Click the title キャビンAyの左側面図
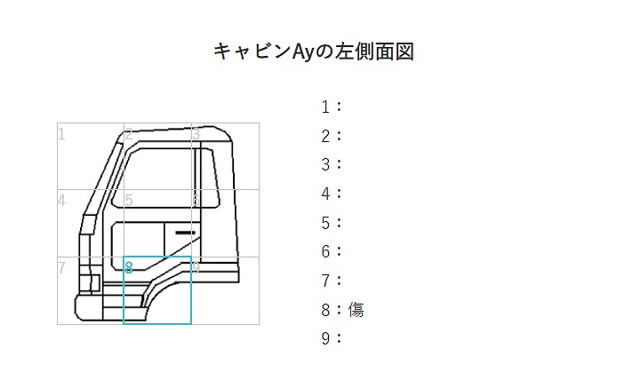pyautogui.click(x=314, y=51)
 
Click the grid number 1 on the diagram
pyautogui.click(x=61, y=134)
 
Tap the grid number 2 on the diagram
pyautogui.click(x=128, y=134)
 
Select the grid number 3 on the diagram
pyautogui.click(x=196, y=134)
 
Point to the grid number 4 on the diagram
pyautogui.click(x=61, y=200)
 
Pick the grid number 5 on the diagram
pyautogui.click(x=128, y=200)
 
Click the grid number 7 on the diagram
pyautogui.click(x=61, y=267)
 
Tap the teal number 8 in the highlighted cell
pyautogui.click(x=128, y=266)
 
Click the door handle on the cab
pyautogui.click(x=185, y=233)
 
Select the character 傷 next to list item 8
pyautogui.click(x=356, y=310)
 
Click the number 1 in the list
pyautogui.click(x=325, y=107)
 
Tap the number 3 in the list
pyautogui.click(x=325, y=165)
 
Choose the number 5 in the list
pyautogui.click(x=325, y=223)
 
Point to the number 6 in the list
pyautogui.click(x=325, y=251)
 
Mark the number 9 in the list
pyautogui.click(x=325, y=338)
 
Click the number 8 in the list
pyautogui.click(x=325, y=310)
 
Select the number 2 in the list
pyautogui.click(x=325, y=136)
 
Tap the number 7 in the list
pyautogui.click(x=325, y=281)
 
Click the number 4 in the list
pyautogui.click(x=325, y=194)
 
